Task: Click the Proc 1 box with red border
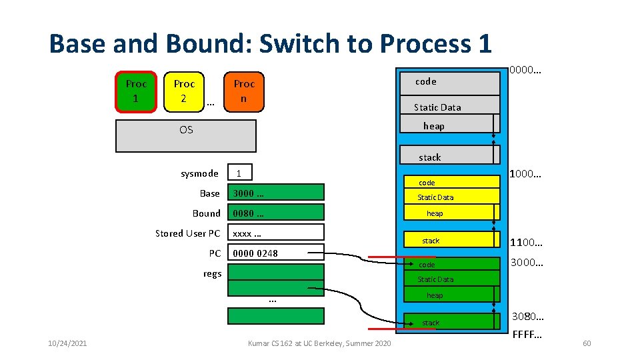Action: pos(136,91)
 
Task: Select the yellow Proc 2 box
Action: pos(184,91)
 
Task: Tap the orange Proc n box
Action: pos(244,91)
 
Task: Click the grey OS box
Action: pos(186,136)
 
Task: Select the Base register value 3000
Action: pos(275,193)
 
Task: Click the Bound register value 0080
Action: pos(275,213)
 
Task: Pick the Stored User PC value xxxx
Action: pos(275,233)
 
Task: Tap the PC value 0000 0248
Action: pos(275,253)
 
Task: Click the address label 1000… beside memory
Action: pos(525,174)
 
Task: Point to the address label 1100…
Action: pos(526,243)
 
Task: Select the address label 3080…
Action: pos(528,316)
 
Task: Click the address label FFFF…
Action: pos(527,333)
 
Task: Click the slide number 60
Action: pos(587,343)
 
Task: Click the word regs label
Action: pos(212,273)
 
